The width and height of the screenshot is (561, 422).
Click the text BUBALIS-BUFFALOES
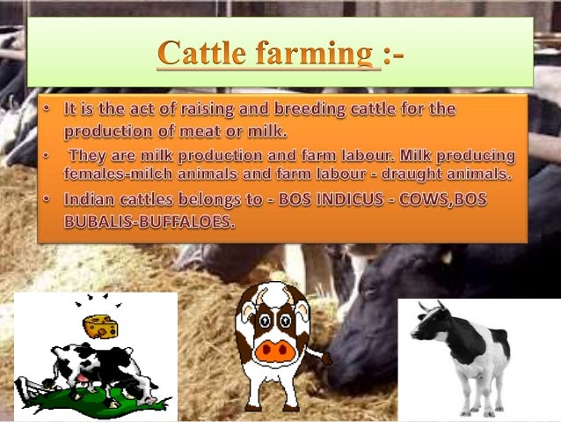pos(150,222)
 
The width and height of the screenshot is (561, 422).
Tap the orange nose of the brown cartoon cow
pos(273,352)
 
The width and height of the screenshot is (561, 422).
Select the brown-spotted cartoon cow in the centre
pos(273,344)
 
